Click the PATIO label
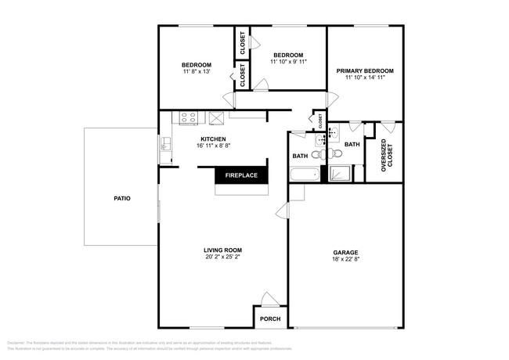pos(121,198)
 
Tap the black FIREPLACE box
pos(241,175)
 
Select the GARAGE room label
pos(345,253)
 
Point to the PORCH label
pos(270,319)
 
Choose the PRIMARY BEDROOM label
pos(365,70)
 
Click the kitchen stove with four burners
pos(189,118)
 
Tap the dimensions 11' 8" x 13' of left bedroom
pos(197,71)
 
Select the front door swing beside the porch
pos(269,300)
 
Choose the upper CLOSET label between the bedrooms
pos(242,43)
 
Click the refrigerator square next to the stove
pos(216,118)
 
